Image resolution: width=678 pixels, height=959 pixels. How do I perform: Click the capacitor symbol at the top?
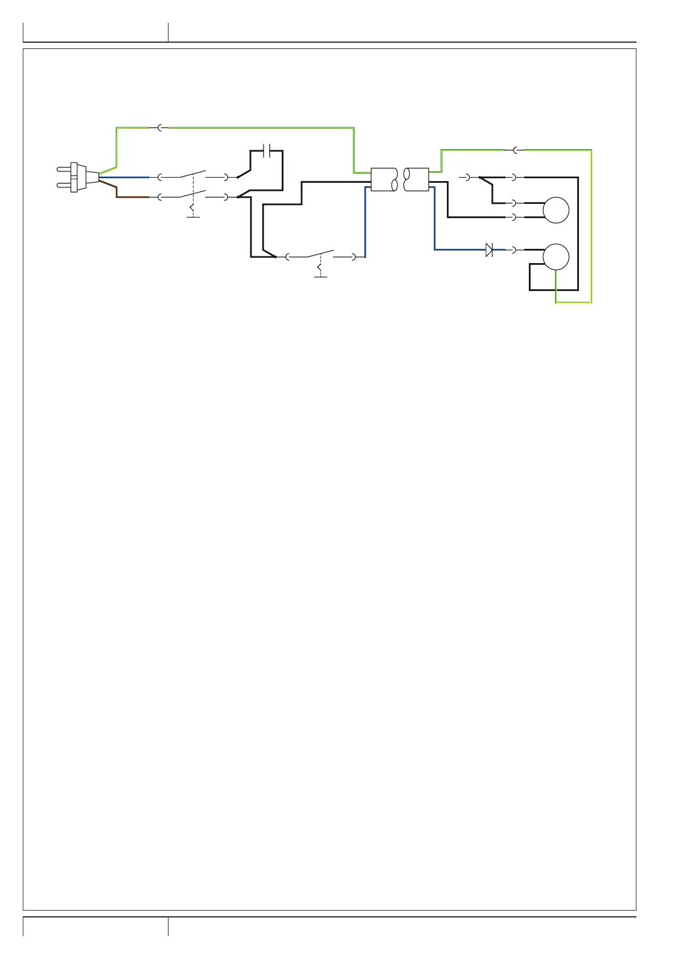pos(266,151)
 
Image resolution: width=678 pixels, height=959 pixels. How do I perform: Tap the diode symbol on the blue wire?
pos(489,249)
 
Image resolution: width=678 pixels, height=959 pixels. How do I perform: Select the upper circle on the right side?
pos(556,210)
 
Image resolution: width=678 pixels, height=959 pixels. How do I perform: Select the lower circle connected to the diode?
pos(556,256)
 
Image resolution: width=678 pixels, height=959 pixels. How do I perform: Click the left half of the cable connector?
pos(384,179)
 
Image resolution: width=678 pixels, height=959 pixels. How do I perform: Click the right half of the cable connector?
pos(416,179)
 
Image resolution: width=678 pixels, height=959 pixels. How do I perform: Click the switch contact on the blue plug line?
pos(192,174)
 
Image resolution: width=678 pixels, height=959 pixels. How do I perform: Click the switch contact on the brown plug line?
pos(192,194)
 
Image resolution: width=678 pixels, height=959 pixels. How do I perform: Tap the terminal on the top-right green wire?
pos(515,150)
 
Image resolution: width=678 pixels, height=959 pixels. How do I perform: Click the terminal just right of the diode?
pos(515,249)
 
